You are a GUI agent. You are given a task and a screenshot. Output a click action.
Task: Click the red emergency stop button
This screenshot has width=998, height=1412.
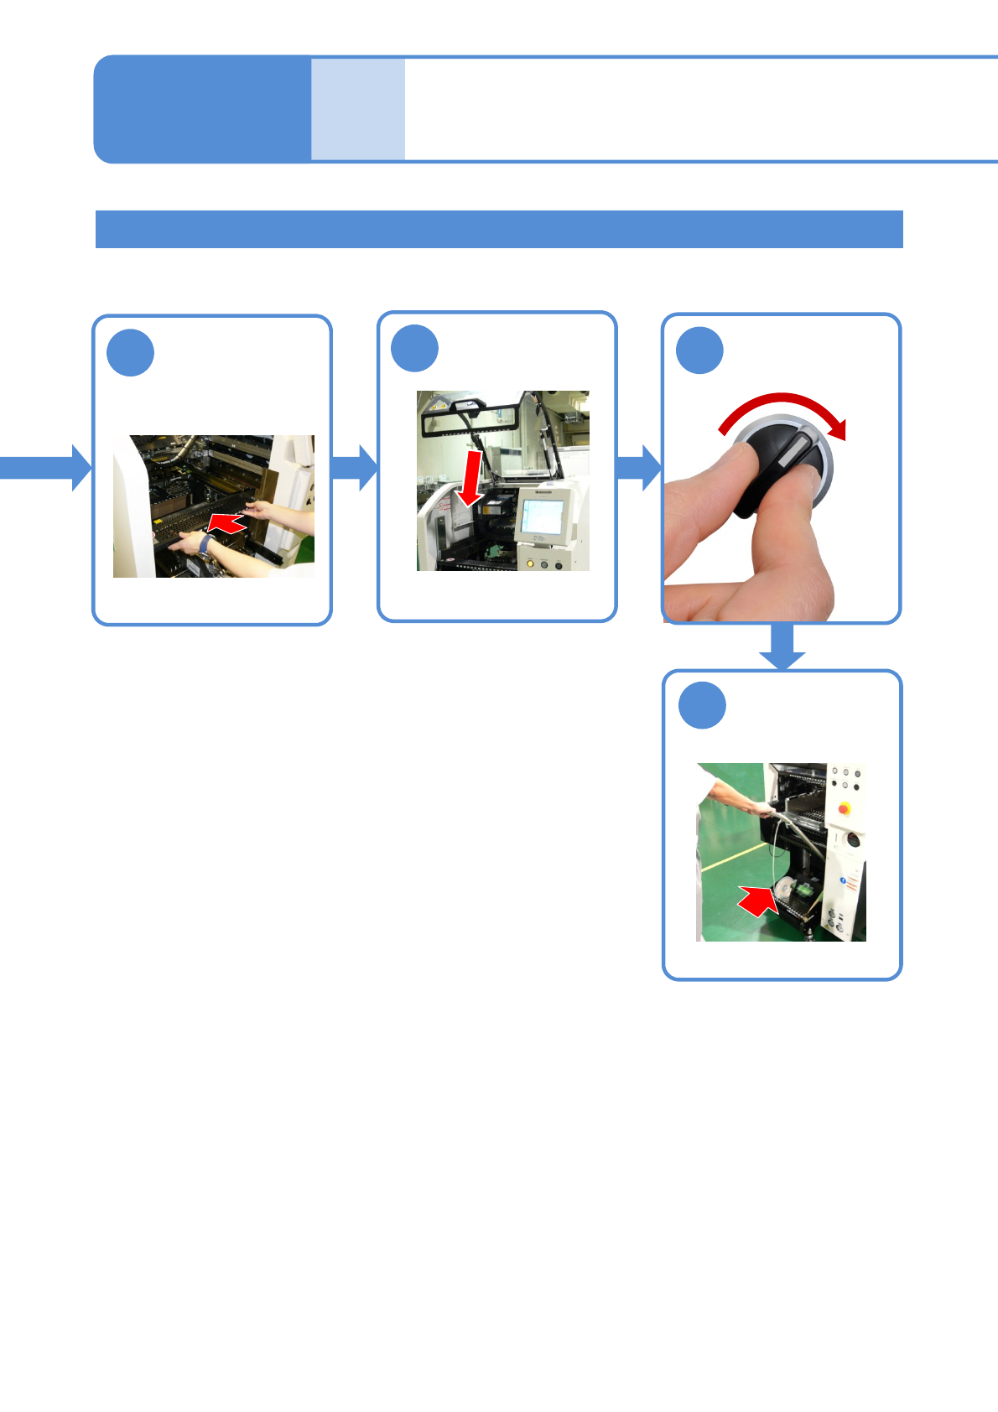[844, 808]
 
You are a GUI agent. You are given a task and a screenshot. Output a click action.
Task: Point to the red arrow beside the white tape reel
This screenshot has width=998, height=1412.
[758, 901]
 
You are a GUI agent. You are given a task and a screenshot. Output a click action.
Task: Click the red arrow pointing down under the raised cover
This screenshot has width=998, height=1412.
[470, 478]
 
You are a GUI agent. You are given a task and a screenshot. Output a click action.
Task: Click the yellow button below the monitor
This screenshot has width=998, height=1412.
[529, 563]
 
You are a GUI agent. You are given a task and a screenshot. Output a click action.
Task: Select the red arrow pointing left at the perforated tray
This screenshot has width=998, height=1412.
[226, 523]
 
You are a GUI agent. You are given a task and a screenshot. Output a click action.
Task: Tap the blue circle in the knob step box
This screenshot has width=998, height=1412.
[699, 350]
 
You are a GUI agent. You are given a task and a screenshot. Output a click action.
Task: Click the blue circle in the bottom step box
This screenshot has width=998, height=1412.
[702, 706]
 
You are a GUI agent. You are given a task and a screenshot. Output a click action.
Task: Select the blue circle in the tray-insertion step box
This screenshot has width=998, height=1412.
[130, 353]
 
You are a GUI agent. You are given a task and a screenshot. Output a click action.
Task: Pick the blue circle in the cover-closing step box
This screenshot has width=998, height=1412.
[414, 349]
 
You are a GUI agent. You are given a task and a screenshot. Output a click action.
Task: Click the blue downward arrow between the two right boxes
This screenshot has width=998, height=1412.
[782, 648]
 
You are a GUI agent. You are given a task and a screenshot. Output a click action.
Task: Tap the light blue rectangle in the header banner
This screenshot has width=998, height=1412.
[358, 109]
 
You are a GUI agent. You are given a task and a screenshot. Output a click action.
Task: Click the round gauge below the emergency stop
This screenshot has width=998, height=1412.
[851, 839]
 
